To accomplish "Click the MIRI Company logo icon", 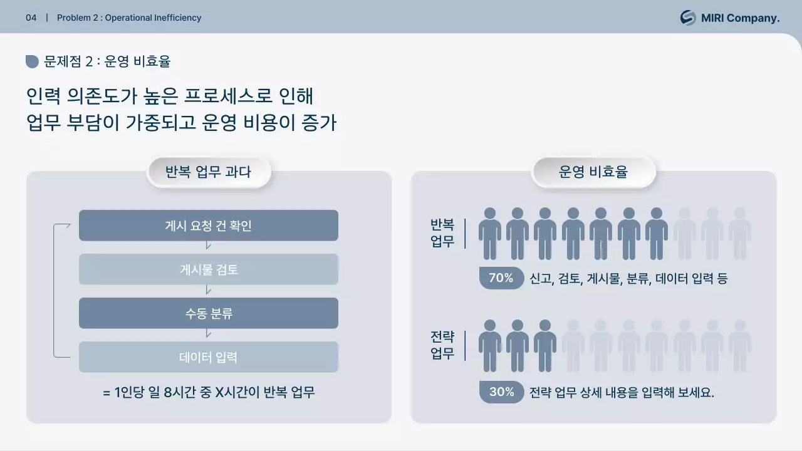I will pyautogui.click(x=688, y=18).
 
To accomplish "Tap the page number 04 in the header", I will pyautogui.click(x=31, y=18).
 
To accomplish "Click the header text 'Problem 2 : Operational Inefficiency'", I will pyautogui.click(x=129, y=18).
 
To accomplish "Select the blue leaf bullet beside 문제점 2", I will pyautogui.click(x=32, y=61).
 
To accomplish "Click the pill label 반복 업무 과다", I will pyautogui.click(x=208, y=172).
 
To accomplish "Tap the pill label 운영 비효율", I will pyautogui.click(x=593, y=172).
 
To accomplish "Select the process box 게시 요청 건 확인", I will pyautogui.click(x=208, y=225).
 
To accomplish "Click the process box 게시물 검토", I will pyautogui.click(x=208, y=269).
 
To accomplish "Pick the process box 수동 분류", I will pyautogui.click(x=208, y=313).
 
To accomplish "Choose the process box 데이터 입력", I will pyautogui.click(x=208, y=357).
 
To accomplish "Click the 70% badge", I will pyautogui.click(x=501, y=278).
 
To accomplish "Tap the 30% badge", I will pyautogui.click(x=501, y=392).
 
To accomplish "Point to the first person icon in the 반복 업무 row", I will pyautogui.click(x=490, y=233).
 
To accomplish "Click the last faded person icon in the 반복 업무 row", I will pyautogui.click(x=739, y=233).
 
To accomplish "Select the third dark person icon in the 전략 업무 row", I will pyautogui.click(x=545, y=345).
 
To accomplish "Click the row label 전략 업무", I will pyautogui.click(x=442, y=345).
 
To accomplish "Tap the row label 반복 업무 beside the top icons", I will pyautogui.click(x=442, y=233).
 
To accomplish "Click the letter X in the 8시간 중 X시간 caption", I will pyautogui.click(x=219, y=393).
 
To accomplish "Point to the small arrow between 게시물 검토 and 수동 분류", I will pyautogui.click(x=208, y=291).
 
